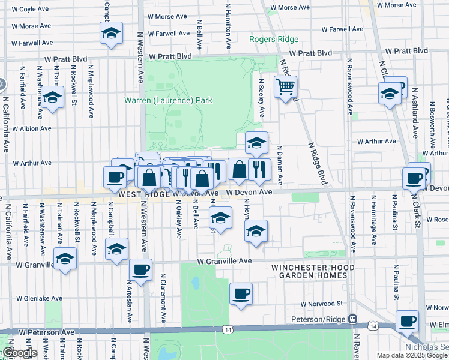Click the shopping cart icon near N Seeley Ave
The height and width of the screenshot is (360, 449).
[286, 88]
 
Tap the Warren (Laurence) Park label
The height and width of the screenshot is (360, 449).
[168, 100]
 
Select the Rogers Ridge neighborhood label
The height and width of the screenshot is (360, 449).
[274, 40]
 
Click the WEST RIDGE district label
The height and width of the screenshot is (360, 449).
[145, 194]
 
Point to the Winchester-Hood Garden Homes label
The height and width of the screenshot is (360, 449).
[309, 271]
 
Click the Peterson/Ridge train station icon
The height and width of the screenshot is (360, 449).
[354, 319]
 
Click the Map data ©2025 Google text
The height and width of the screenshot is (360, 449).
[412, 355]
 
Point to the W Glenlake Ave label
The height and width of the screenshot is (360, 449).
[39, 298]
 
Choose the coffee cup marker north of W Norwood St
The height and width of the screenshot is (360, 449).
[241, 293]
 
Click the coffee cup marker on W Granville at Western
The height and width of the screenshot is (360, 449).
[140, 269]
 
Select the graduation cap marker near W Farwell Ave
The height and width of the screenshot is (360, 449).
[112, 34]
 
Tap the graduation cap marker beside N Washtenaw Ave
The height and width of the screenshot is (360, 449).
[53, 97]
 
